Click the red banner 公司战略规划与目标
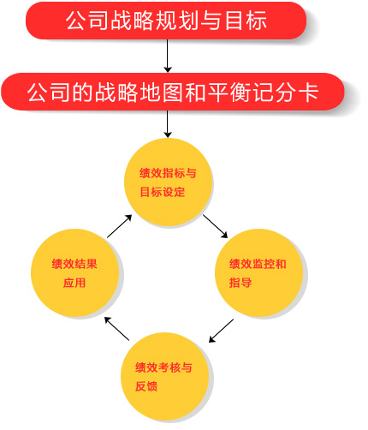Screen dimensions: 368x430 click(166, 21)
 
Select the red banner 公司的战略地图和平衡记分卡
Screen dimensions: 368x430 click(173, 92)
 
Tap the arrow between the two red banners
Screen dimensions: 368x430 click(168, 56)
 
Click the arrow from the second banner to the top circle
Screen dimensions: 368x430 click(168, 124)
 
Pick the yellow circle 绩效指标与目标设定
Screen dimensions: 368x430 click(168, 182)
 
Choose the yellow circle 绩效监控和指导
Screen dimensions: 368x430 click(258, 272)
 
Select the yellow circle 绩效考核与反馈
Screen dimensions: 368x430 click(164, 376)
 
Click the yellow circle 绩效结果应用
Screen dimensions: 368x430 click(74, 272)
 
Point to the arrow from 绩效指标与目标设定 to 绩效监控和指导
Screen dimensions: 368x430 click(216, 226)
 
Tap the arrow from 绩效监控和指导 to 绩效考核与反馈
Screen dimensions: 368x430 click(221, 331)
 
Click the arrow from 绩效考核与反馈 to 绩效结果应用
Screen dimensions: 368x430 click(116, 328)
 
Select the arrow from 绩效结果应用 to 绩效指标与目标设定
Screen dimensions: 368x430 click(120, 226)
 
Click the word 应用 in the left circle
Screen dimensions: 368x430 click(74, 283)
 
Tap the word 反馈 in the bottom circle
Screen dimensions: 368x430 click(146, 386)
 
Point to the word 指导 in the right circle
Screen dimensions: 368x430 click(240, 283)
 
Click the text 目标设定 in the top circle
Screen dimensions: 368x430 click(163, 192)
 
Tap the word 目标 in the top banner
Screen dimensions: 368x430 click(246, 21)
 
